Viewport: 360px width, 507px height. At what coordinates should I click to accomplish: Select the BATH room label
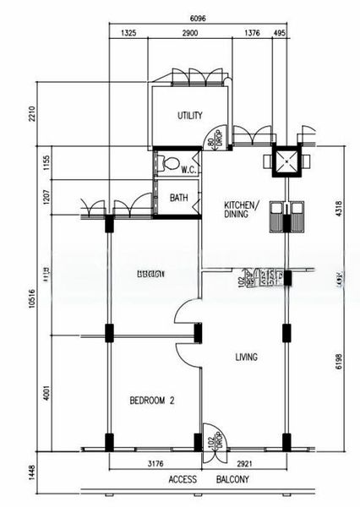[178, 199]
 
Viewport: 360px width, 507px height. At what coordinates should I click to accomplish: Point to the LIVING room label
[246, 357]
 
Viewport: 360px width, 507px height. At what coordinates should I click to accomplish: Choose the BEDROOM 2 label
[151, 401]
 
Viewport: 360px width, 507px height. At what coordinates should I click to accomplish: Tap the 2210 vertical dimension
[32, 113]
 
